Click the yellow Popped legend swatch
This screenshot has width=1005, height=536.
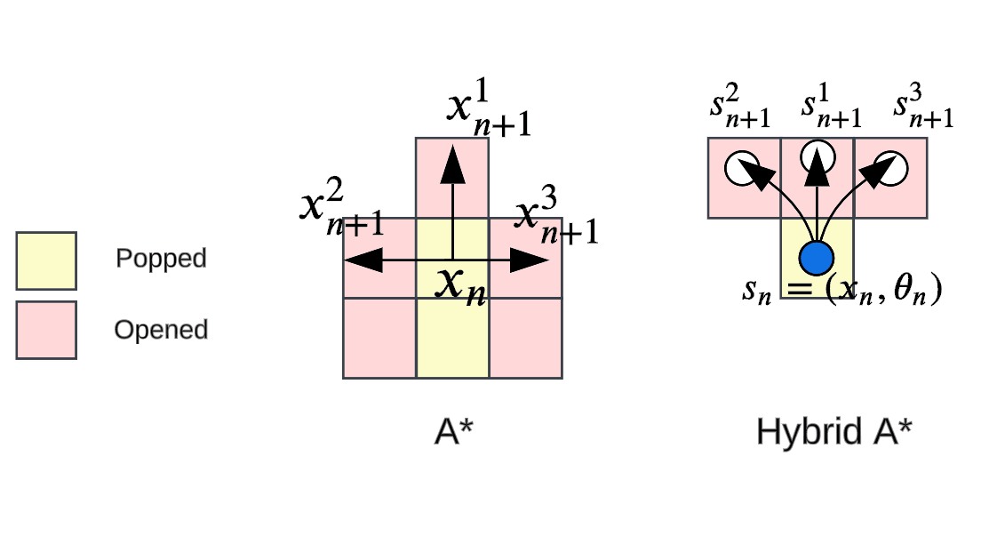coord(46,260)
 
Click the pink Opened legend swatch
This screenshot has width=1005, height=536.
coord(46,330)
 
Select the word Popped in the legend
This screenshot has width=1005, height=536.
coord(161,259)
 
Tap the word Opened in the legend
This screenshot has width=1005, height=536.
coord(161,330)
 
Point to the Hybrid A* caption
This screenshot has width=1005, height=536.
coord(834,432)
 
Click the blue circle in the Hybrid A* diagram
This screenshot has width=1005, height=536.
coord(816,258)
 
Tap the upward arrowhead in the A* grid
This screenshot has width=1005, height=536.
coord(452,164)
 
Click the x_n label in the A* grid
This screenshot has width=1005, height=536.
coord(460,284)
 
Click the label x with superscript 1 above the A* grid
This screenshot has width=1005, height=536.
coord(487,108)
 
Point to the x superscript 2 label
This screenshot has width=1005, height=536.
coord(341,208)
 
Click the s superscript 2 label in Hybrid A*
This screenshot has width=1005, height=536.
coord(739,108)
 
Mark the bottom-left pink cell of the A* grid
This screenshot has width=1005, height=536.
coord(379,338)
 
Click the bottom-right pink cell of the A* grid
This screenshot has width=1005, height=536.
coord(525,338)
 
